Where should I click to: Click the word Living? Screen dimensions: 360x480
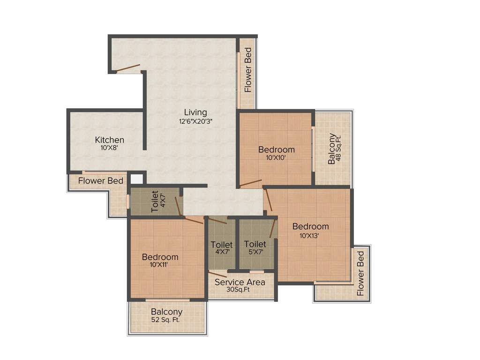[195, 112]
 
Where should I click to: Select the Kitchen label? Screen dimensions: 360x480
[110, 140]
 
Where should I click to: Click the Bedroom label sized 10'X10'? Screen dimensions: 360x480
[277, 150]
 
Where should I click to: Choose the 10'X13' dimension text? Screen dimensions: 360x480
[309, 236]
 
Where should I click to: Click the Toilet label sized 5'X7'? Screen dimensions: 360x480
[255, 244]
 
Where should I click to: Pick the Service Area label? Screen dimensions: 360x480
[240, 282]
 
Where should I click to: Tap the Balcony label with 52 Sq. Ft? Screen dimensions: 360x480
[166, 312]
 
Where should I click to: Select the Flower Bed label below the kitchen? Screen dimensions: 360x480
[101, 181]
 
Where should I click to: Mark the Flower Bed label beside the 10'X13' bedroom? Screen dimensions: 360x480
[360, 273]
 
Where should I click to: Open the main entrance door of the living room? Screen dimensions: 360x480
[128, 68]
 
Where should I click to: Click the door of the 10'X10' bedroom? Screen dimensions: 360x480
[250, 183]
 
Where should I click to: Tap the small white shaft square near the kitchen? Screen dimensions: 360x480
[136, 179]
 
